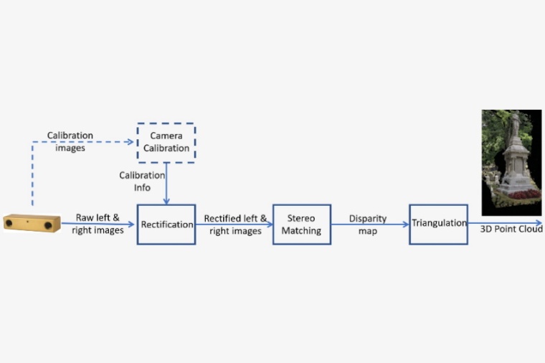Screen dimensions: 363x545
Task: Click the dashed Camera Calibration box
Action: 166,143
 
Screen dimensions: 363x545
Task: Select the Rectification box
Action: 166,224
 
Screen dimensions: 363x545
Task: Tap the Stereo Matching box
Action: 301,224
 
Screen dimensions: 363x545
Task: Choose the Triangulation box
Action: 438,223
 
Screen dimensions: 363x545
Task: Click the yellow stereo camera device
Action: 32,222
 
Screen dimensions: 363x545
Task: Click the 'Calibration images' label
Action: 70,141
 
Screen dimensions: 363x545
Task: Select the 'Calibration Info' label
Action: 142,181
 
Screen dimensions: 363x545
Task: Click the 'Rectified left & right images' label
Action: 235,225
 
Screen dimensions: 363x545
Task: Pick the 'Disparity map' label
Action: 369,224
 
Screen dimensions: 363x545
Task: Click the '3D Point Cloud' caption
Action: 511,229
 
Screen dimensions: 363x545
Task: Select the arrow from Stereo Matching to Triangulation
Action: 369,224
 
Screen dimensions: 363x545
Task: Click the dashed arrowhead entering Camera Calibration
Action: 130,142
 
